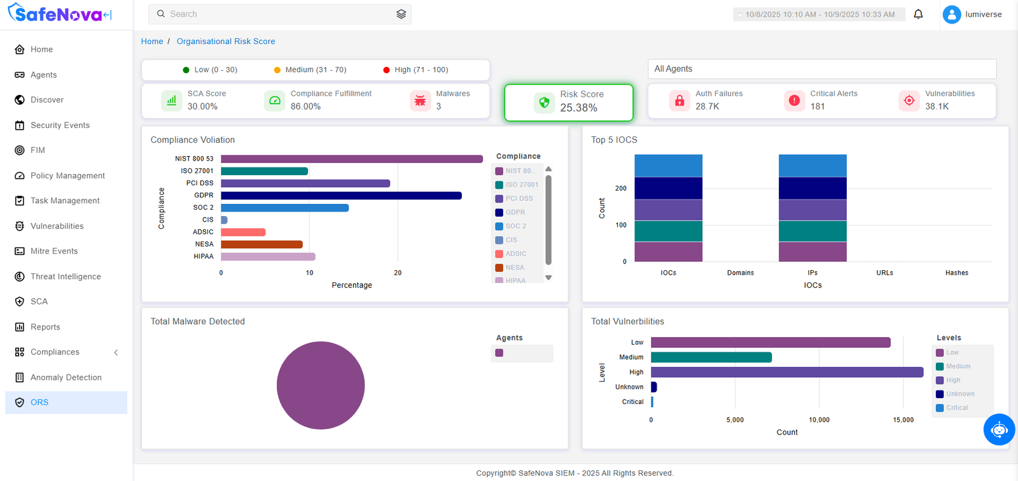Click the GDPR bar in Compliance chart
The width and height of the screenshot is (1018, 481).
tap(341, 196)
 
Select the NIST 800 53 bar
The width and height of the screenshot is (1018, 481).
tap(351, 159)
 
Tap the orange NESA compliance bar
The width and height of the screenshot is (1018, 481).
tap(261, 244)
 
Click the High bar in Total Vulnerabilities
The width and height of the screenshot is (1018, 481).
tap(786, 372)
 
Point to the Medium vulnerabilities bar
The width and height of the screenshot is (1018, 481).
tap(711, 357)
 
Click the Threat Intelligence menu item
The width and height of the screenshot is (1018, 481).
tap(66, 276)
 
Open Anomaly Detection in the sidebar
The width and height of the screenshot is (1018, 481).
tap(66, 377)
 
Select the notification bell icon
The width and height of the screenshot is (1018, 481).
tap(918, 14)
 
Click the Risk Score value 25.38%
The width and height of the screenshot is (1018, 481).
tap(578, 108)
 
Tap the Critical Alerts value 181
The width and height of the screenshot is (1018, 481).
tap(818, 106)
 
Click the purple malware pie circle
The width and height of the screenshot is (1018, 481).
tap(321, 385)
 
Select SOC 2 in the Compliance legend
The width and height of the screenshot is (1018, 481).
tap(515, 226)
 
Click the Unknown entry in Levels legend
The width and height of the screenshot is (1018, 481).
tap(959, 394)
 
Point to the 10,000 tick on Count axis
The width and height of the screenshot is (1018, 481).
tap(819, 420)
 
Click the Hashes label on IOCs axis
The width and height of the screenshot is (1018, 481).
tap(956, 273)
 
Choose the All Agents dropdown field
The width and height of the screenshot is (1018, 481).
tap(821, 69)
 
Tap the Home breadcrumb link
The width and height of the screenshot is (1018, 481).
tap(152, 41)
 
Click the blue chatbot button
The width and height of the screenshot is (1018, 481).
tap(999, 429)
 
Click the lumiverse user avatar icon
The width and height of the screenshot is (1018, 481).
tap(951, 14)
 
